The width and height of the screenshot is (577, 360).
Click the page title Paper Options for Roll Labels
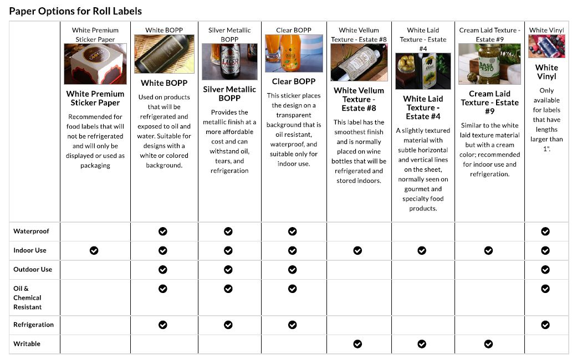click(x=75, y=11)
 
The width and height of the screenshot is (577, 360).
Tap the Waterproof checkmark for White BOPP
click(x=163, y=232)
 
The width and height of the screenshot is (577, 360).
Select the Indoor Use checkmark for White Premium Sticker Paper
click(x=94, y=250)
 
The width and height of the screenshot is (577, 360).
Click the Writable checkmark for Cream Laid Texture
click(x=488, y=344)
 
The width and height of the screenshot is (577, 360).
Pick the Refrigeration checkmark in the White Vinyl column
click(x=545, y=325)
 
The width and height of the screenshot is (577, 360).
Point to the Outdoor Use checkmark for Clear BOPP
click(x=293, y=270)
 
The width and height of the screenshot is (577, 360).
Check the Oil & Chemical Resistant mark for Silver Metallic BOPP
click(x=228, y=289)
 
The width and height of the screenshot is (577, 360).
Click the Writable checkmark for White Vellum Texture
click(x=358, y=344)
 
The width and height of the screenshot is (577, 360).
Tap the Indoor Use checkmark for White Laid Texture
click(x=422, y=250)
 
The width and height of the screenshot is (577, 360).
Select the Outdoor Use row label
click(x=33, y=270)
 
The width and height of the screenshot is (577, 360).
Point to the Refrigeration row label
click(x=34, y=325)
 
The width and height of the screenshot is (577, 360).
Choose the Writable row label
click(x=27, y=344)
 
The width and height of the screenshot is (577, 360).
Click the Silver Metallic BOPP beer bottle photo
click(x=229, y=62)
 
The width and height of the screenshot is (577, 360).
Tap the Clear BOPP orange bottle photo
click(x=294, y=54)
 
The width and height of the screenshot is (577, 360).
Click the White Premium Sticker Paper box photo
click(x=95, y=64)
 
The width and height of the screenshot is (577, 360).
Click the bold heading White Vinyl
click(x=547, y=72)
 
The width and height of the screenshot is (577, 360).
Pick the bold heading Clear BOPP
click(x=294, y=81)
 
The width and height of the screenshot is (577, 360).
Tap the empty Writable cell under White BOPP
click(x=164, y=344)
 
